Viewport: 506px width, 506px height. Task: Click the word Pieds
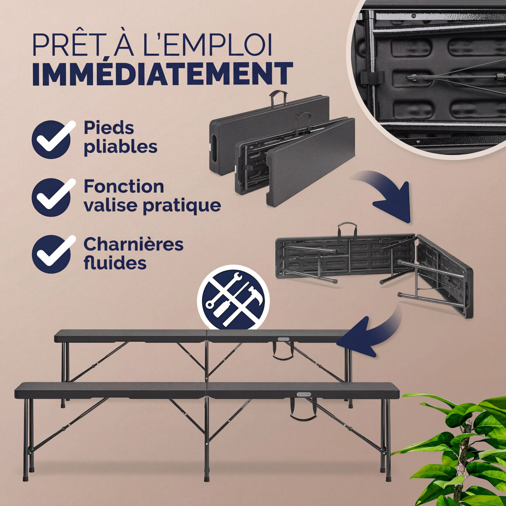[x=109, y=128]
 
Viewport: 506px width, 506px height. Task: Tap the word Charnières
[x=133, y=244]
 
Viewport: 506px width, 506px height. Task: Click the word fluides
[x=115, y=263]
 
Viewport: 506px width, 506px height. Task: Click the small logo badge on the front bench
[x=304, y=394]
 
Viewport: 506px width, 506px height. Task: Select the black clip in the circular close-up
[x=372, y=78]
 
